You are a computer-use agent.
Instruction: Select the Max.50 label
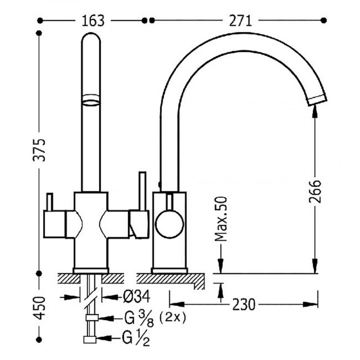tap(220, 218)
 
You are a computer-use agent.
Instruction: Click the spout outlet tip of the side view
tap(316, 99)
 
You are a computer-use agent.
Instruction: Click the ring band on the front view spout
tap(91, 99)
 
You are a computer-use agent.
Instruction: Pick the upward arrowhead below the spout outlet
tap(315, 111)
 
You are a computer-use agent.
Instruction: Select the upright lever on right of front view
tap(142, 190)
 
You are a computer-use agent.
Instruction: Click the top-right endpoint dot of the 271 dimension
tap(324, 21)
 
